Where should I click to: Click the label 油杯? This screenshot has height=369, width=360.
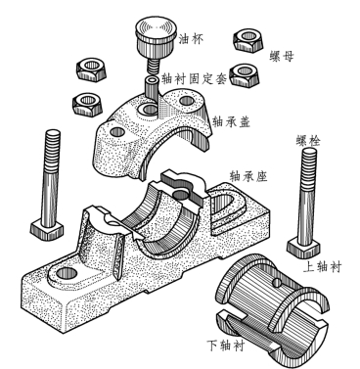pyautogui.click(x=191, y=39)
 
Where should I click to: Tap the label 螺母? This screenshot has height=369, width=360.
pyautogui.click(x=282, y=56)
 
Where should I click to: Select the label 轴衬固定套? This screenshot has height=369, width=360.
pyautogui.click(x=194, y=78)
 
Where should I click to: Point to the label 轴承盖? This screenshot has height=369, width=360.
pyautogui.click(x=231, y=121)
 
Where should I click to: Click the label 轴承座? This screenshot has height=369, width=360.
pyautogui.click(x=248, y=176)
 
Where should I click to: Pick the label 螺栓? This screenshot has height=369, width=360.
pyautogui.click(x=308, y=141)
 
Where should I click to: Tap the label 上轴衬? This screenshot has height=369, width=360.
pyautogui.click(x=322, y=267)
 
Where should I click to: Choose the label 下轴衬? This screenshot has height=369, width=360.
pyautogui.click(x=226, y=346)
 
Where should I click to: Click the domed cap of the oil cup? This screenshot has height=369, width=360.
pyautogui.click(x=156, y=29)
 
